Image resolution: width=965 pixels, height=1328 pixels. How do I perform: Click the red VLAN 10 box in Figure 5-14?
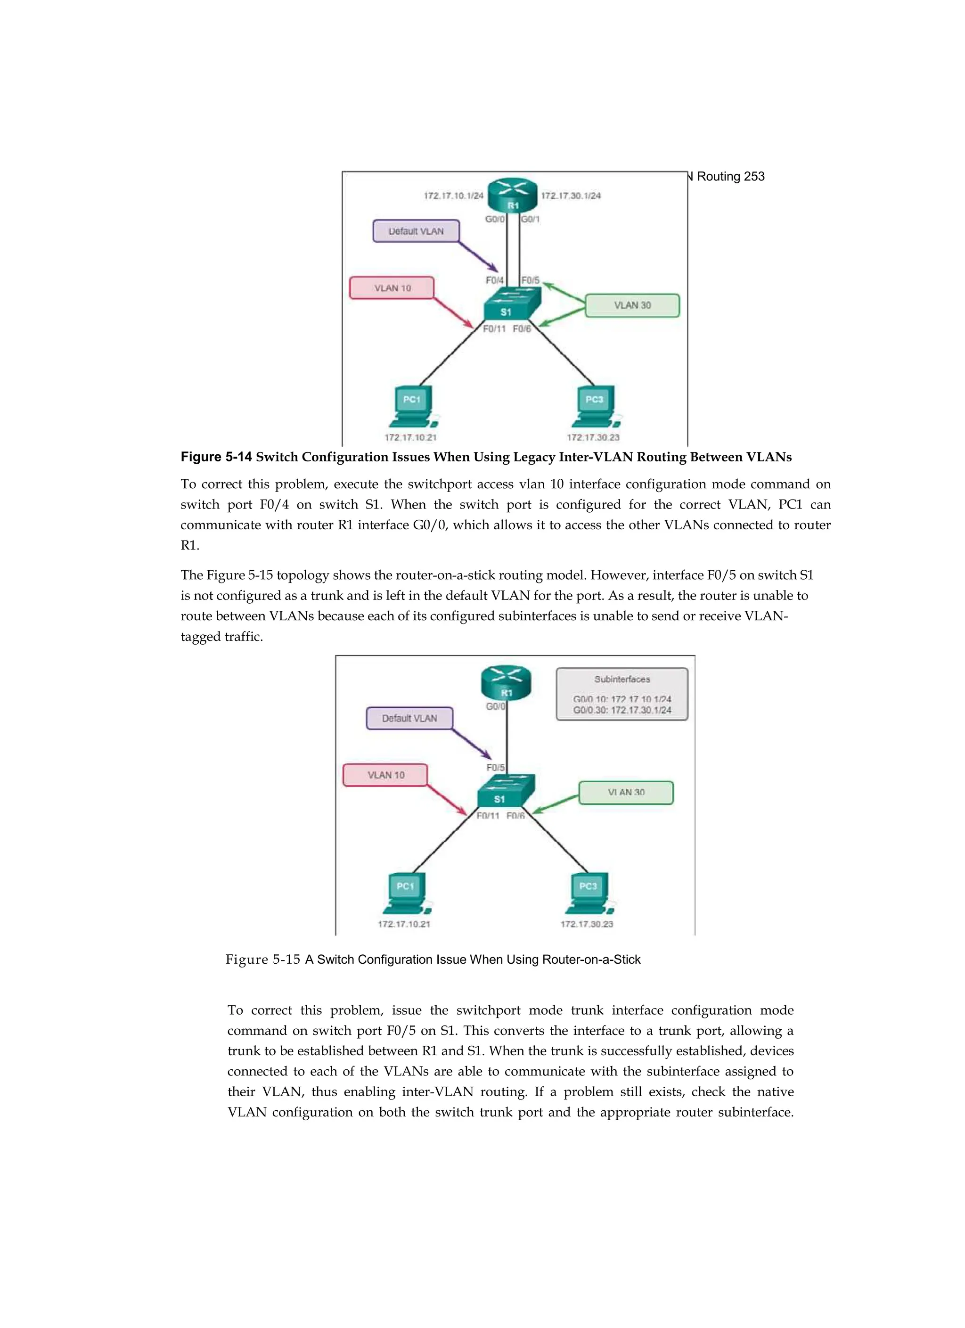[392, 288]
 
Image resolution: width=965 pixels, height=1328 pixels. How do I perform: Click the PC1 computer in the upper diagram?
[412, 405]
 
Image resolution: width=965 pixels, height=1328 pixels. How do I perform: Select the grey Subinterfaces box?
[622, 694]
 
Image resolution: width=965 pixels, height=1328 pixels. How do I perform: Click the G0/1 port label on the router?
[531, 220]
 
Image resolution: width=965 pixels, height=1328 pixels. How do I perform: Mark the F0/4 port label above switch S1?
[494, 280]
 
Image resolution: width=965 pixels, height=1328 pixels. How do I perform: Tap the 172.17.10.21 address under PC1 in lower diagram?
[403, 924]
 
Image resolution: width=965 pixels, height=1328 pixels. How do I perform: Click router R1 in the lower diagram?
[506, 683]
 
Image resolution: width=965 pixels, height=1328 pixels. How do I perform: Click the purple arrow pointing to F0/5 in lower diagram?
[471, 744]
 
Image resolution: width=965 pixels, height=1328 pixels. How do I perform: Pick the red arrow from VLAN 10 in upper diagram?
[453, 313]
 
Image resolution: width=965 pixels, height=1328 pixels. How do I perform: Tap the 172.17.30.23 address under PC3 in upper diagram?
[593, 437]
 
